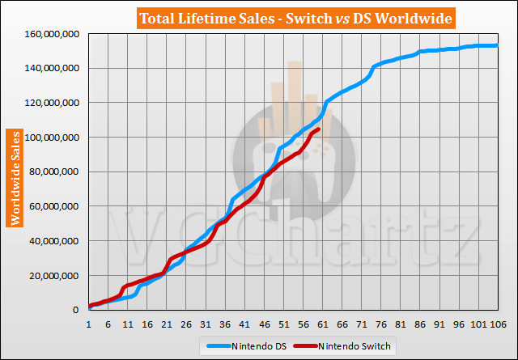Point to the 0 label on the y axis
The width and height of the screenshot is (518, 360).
click(x=77, y=311)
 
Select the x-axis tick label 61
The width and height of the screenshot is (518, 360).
click(x=322, y=324)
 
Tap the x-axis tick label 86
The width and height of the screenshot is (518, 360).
click(x=419, y=324)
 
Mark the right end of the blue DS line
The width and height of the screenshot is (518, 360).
click(x=496, y=45)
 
